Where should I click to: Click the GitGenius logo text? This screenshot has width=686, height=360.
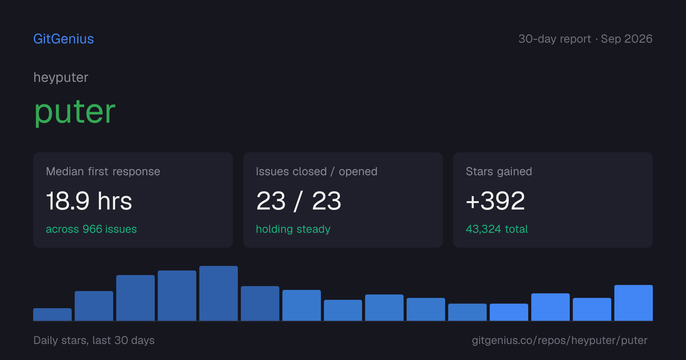pos(64,39)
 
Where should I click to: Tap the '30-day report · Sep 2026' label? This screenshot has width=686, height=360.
pos(585,39)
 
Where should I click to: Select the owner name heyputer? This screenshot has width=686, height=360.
pos(61,78)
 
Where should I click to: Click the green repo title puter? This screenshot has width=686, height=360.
pos(75,112)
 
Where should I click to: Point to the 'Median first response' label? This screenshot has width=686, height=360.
pos(103,171)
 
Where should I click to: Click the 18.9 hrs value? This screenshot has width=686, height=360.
pos(89,201)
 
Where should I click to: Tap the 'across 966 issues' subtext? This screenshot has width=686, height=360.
pos(91,229)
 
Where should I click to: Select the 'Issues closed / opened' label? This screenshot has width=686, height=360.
pos(316,171)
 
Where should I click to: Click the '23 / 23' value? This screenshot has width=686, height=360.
pos(299,201)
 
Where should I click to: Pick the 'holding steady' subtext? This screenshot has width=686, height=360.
pos(293,229)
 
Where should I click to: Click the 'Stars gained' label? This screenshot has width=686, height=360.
pos(499,171)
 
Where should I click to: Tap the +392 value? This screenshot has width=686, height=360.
pos(495,201)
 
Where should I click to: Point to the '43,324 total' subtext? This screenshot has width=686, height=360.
pos(497,229)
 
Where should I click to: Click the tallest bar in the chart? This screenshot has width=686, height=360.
pos(218,293)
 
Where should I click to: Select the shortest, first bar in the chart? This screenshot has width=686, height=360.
pos(52,314)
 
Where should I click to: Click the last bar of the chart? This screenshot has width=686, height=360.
pos(633,303)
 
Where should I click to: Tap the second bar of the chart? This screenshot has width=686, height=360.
pos(94,306)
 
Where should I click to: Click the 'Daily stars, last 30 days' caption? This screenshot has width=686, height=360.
pos(94,340)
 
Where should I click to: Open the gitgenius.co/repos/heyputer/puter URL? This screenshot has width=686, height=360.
pos(559,340)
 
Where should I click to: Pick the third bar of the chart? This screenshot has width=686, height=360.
pos(135,298)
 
